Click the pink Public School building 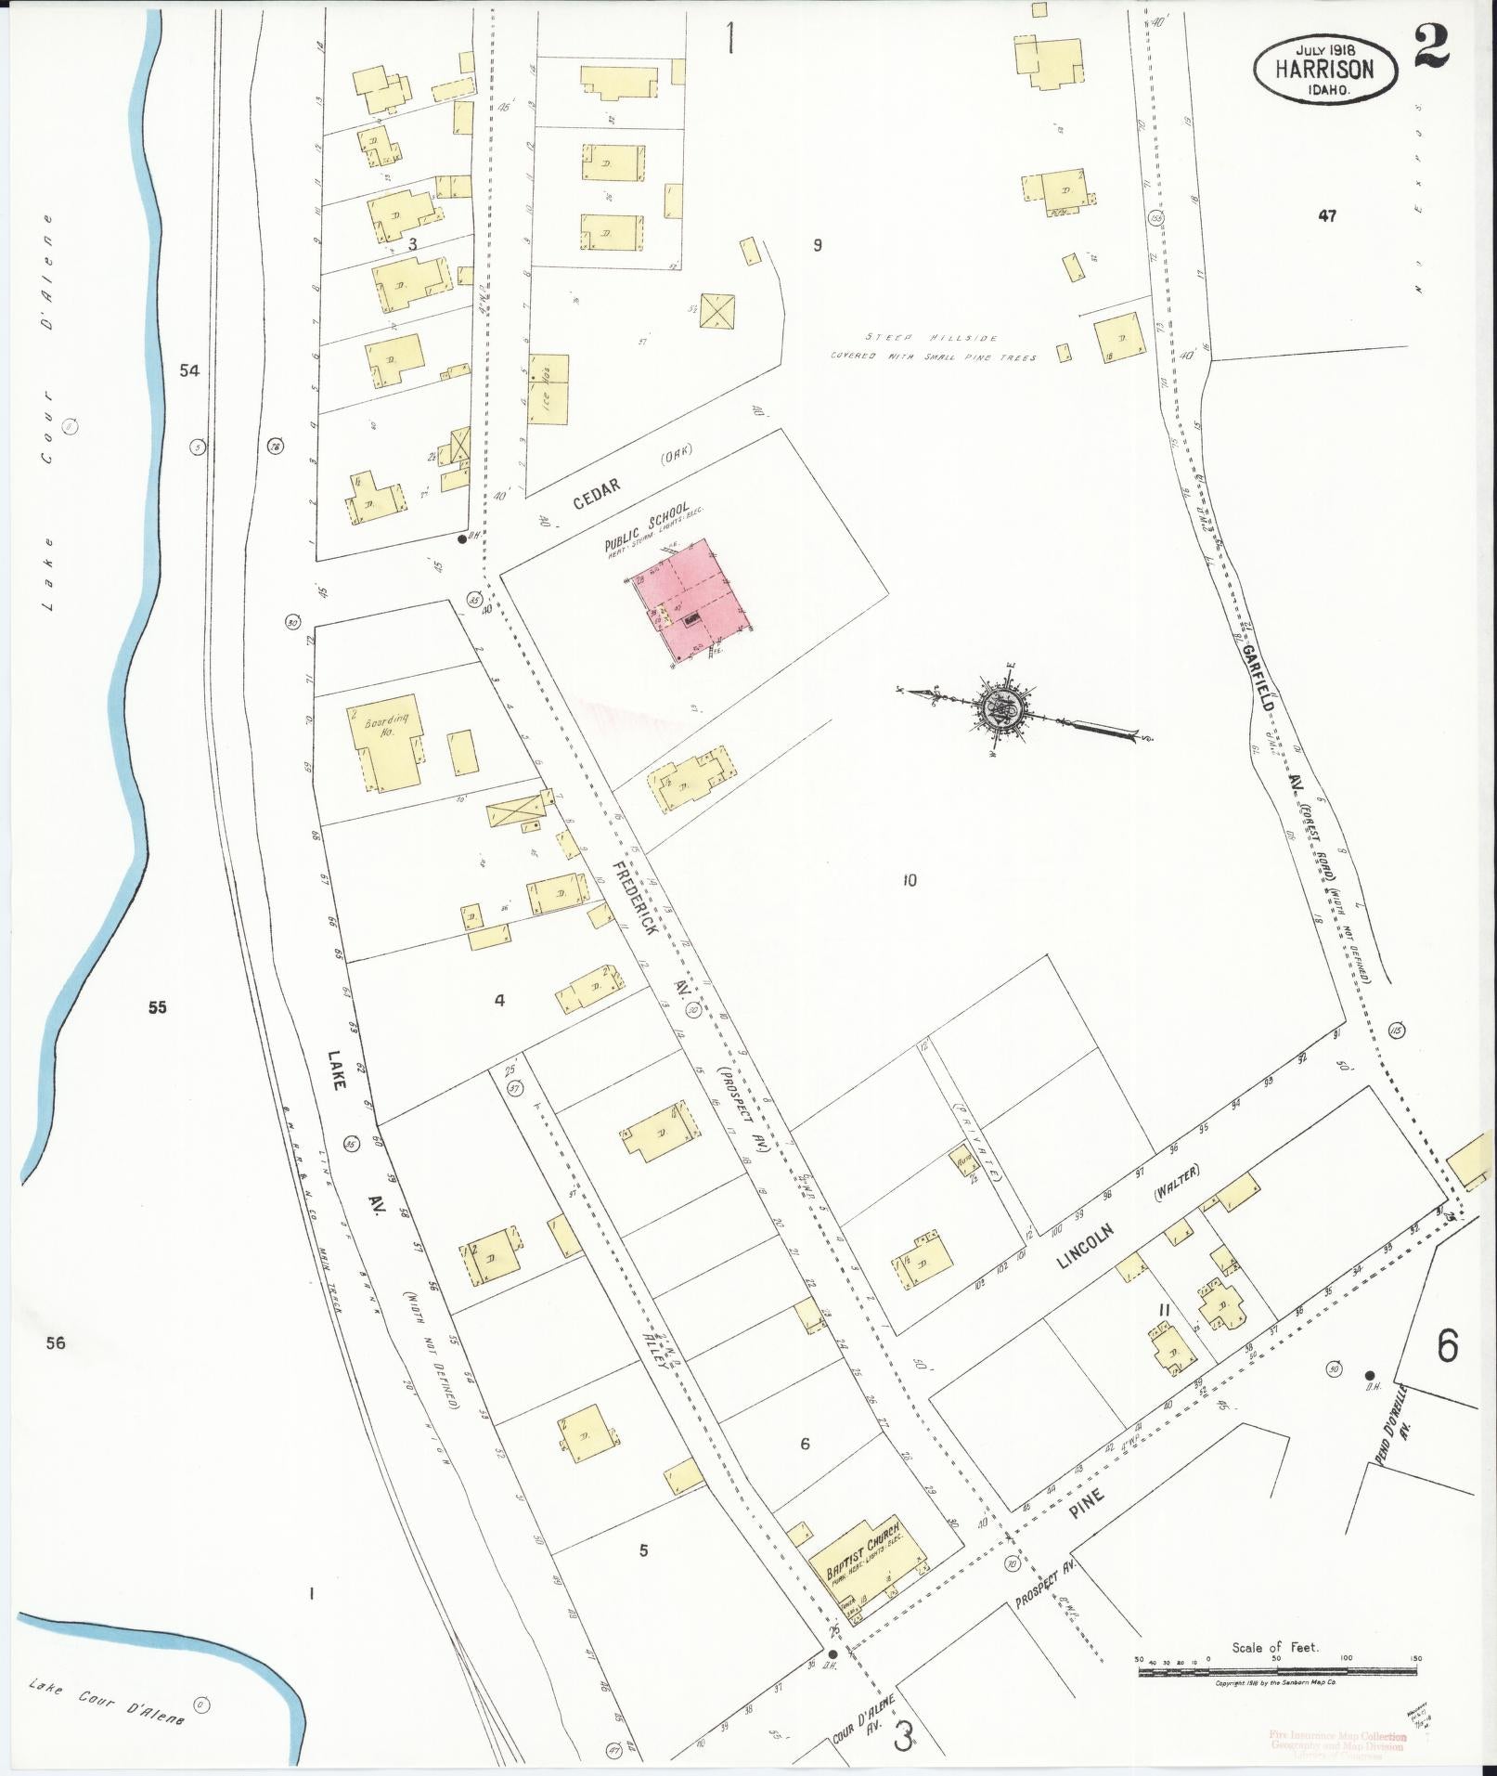pos(697,599)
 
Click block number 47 pos(1326,215)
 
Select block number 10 pos(910,879)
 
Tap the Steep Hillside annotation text pos(933,347)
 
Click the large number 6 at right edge pos(1448,1346)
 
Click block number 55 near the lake pos(157,1006)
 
